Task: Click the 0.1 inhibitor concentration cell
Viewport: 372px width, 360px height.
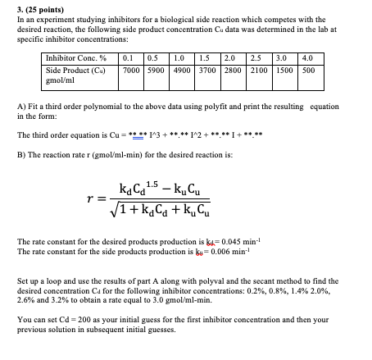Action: coord(128,58)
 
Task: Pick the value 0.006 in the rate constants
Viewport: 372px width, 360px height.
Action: coord(212,251)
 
